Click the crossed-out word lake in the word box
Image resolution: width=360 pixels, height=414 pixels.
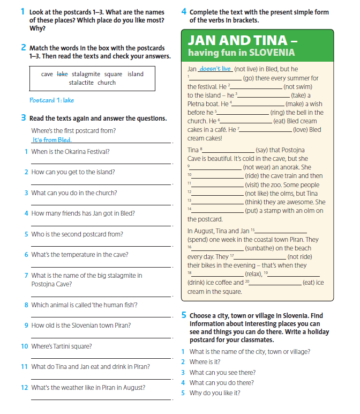[62, 74]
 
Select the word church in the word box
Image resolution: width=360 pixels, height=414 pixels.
[107, 83]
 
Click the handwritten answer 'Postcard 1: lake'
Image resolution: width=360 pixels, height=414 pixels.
[52, 100]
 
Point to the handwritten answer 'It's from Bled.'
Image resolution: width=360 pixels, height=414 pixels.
[51, 140]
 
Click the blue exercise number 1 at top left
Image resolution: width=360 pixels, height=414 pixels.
[22, 11]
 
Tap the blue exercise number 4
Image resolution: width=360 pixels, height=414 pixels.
[184, 11]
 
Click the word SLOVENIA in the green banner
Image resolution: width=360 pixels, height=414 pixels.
[272, 53]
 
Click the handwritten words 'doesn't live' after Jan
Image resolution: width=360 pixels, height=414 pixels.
[215, 69]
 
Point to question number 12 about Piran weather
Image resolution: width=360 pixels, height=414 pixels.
[24, 387]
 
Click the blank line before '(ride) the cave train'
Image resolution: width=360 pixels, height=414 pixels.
[217, 175]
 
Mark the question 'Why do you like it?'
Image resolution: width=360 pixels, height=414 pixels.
[215, 393]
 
